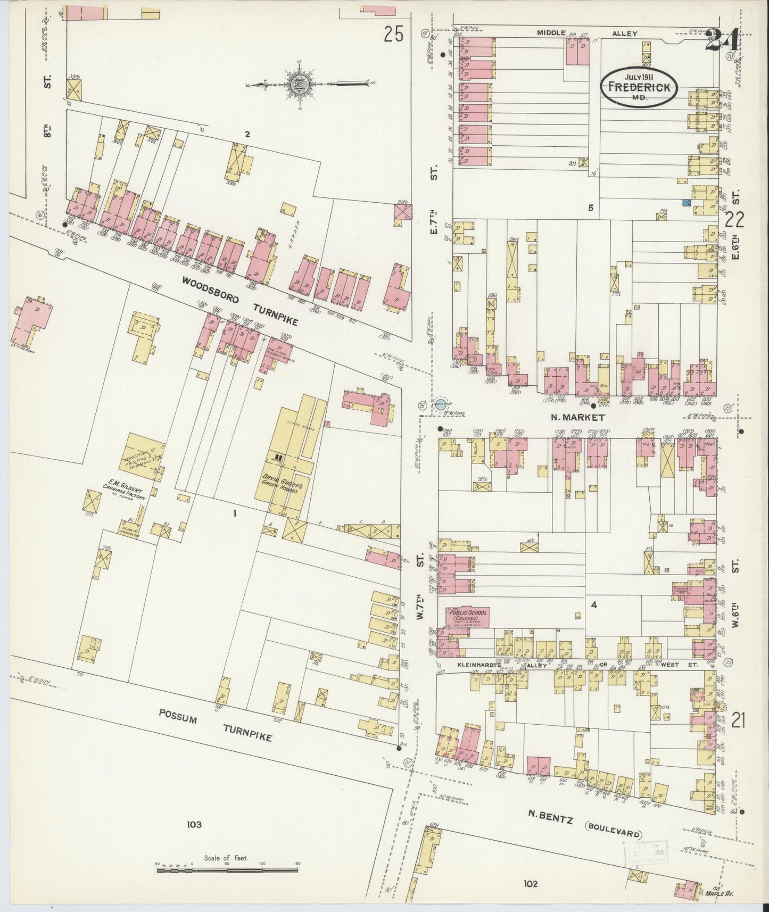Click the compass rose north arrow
coord(296,84)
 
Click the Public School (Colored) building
coord(464,616)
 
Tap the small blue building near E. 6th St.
coord(687,203)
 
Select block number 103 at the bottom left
coord(194,825)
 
